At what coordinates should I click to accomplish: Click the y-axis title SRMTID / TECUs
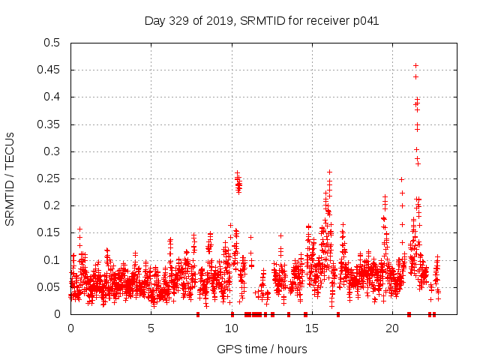click(10, 178)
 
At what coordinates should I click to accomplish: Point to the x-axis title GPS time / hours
click(262, 349)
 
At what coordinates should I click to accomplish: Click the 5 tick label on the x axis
click(151, 328)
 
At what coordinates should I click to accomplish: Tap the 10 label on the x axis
click(232, 328)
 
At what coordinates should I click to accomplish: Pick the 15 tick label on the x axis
click(312, 328)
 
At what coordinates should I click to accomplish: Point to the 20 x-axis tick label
click(392, 328)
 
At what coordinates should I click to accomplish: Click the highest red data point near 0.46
click(415, 66)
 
